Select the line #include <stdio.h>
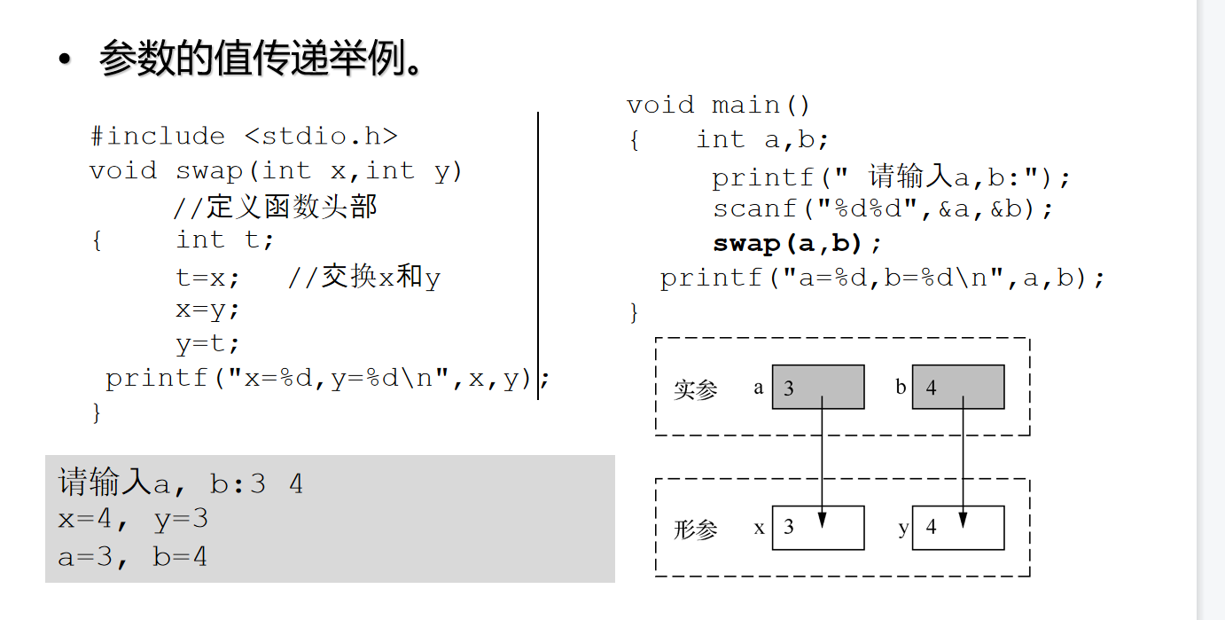click(244, 137)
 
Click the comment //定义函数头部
click(276, 207)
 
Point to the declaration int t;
click(225, 240)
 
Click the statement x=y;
click(207, 310)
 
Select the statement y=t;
click(207, 344)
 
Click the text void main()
click(718, 106)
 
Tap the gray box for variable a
click(817, 387)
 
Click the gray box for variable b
click(957, 387)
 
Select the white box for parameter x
click(817, 528)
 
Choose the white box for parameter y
click(957, 528)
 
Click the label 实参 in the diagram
click(695, 389)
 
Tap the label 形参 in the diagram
click(695, 530)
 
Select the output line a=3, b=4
click(133, 557)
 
